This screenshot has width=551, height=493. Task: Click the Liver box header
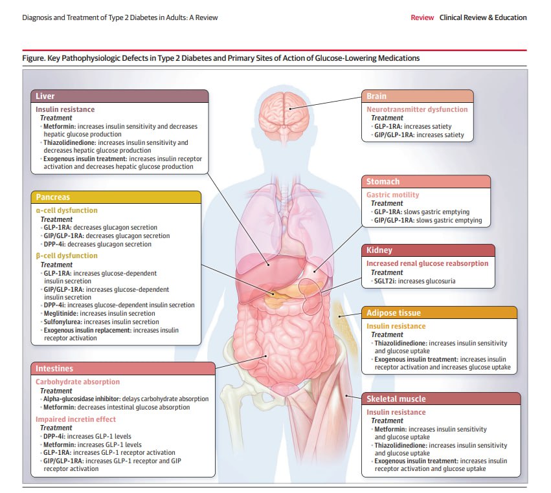[x=119, y=96]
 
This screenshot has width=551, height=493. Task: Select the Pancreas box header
[x=119, y=197]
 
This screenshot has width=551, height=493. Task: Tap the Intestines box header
[x=123, y=369]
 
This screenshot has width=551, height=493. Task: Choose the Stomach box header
[x=426, y=182]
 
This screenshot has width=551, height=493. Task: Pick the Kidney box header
[x=428, y=250]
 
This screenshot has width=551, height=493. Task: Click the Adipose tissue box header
[x=440, y=313]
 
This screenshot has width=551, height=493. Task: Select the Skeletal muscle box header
[x=440, y=399]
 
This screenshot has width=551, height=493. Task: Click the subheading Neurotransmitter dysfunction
[x=417, y=109]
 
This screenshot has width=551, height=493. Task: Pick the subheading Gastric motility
[x=393, y=195]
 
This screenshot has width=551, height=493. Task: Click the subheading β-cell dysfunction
[x=66, y=256]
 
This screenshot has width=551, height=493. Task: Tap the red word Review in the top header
[x=422, y=17]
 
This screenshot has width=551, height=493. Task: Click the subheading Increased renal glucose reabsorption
[x=427, y=263]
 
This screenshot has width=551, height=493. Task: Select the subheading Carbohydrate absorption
[x=78, y=382]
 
